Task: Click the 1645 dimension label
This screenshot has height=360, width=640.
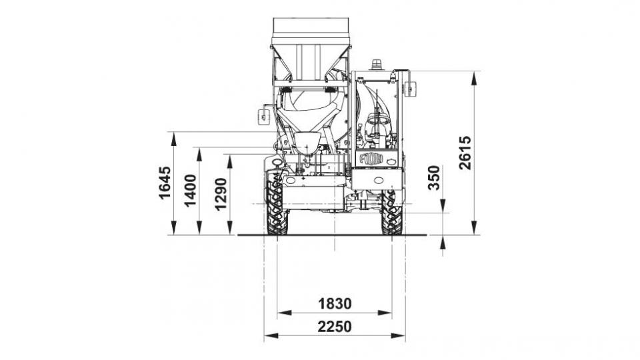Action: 165,183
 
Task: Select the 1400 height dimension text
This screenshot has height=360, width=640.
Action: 190,191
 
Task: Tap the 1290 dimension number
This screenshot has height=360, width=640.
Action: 221,194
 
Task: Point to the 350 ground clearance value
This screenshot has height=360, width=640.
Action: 434,177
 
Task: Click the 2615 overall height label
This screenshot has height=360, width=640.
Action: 465,153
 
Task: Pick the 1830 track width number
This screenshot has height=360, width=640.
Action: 335,304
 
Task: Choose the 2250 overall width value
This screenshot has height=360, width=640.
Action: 335,327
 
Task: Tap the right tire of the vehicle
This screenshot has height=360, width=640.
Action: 392,212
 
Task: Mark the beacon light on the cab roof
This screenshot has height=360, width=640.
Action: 376,65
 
